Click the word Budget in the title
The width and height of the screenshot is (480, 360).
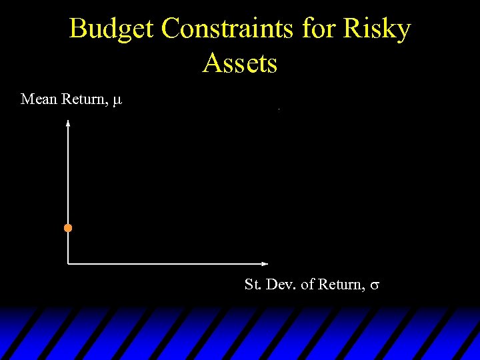click(111, 29)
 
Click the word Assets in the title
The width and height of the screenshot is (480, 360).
click(240, 63)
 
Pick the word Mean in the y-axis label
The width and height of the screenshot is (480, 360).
click(39, 99)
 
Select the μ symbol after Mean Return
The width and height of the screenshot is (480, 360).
click(117, 101)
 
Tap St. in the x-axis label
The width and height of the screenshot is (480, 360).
click(253, 285)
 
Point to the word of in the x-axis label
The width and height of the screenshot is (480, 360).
click(307, 285)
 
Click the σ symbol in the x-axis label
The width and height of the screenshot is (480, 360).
click(375, 286)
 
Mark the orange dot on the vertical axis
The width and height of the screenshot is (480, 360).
click(68, 228)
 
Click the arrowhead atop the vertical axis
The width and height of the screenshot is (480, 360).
click(68, 123)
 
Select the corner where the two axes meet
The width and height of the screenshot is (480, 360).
click(68, 263)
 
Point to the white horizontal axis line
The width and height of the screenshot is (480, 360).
click(167, 263)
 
